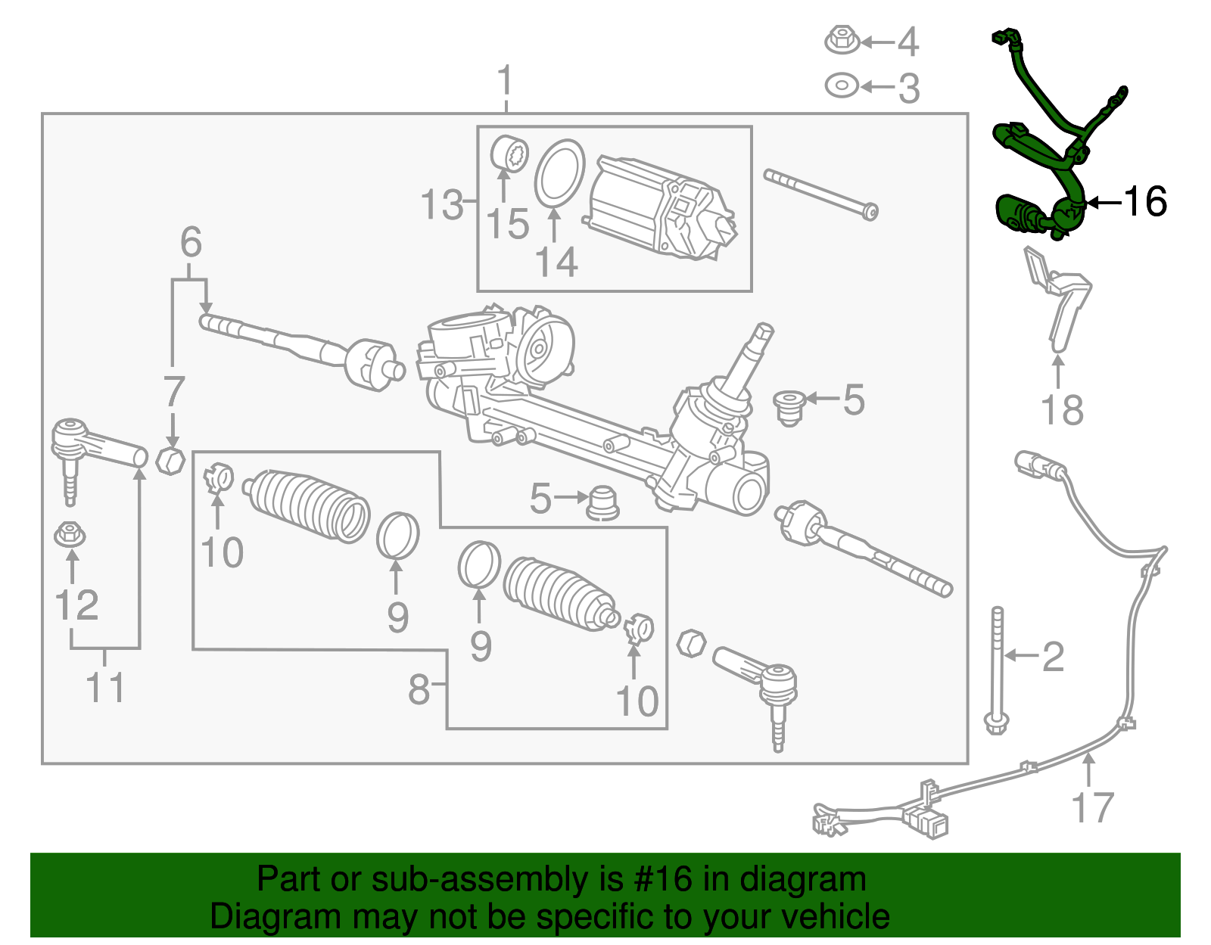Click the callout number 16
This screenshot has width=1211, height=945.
(1145, 202)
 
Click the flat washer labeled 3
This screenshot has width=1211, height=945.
(841, 86)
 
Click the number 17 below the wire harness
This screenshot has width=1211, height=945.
(1093, 807)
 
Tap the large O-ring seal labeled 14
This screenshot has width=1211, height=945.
(559, 173)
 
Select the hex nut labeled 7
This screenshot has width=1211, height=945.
(170, 459)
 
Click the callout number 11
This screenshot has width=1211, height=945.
(105, 687)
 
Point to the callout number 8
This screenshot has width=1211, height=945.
(419, 689)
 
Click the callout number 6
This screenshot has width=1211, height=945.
(191, 242)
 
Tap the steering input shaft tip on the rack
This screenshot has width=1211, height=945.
(761, 333)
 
